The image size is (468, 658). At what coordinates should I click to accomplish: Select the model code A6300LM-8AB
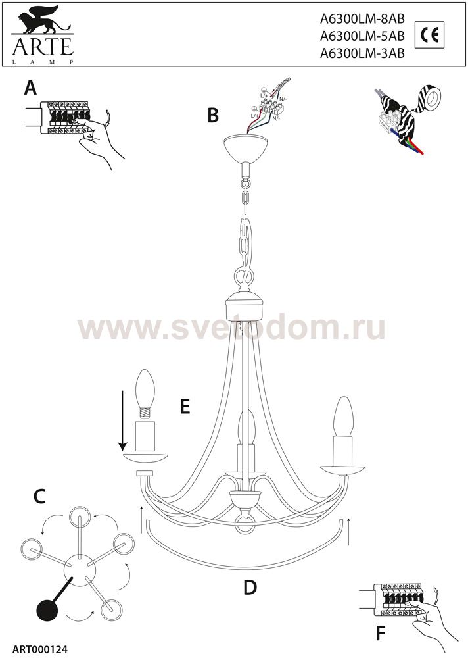pyautogui.click(x=361, y=20)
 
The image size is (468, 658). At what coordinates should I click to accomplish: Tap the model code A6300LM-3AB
pyautogui.click(x=361, y=55)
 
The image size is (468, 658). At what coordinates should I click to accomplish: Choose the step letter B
pyautogui.click(x=212, y=115)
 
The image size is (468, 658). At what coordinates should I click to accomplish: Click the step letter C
pyautogui.click(x=39, y=497)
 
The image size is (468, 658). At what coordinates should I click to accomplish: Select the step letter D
pyautogui.click(x=249, y=587)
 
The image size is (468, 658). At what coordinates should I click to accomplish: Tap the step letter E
pyautogui.click(x=185, y=407)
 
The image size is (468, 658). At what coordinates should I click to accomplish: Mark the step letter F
pyautogui.click(x=381, y=633)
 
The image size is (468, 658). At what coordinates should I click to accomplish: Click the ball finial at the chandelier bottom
pyautogui.click(x=245, y=524)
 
